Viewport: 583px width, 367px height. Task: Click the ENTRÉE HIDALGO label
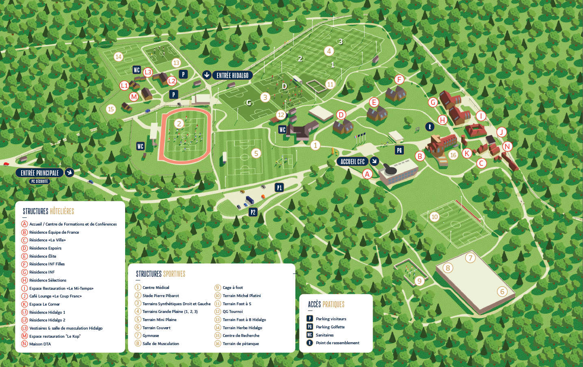pyautogui.click(x=232, y=75)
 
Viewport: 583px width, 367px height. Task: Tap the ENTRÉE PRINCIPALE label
pyautogui.click(x=40, y=173)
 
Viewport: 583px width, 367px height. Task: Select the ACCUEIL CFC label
pyautogui.click(x=352, y=161)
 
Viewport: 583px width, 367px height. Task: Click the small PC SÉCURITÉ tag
pyautogui.click(x=39, y=181)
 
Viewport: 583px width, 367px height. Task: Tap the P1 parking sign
pyautogui.click(x=279, y=187)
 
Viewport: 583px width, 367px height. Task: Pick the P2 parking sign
pyautogui.click(x=253, y=212)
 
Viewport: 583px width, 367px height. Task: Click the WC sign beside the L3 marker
pyautogui.click(x=137, y=70)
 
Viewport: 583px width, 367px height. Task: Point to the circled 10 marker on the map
pyautogui.click(x=435, y=217)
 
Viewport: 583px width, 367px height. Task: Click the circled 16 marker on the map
pyautogui.click(x=453, y=155)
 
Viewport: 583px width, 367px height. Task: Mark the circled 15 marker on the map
pyautogui.click(x=111, y=109)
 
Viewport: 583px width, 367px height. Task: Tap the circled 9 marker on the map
pyautogui.click(x=420, y=281)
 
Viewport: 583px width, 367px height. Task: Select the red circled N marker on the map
pyautogui.click(x=507, y=146)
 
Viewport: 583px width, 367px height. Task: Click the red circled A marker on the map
pyautogui.click(x=367, y=174)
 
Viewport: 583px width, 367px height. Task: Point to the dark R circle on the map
pyautogui.click(x=430, y=127)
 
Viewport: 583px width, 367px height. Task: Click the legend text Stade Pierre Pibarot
pyautogui.click(x=160, y=295)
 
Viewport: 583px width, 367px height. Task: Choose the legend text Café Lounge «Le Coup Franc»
pyautogui.click(x=55, y=296)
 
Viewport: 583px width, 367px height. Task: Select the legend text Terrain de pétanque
pyautogui.click(x=241, y=343)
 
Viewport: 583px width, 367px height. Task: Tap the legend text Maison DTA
pyautogui.click(x=40, y=344)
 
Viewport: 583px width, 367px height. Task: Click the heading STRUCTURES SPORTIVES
pyautogui.click(x=160, y=274)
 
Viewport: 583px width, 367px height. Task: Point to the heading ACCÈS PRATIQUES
pyautogui.click(x=326, y=304)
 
